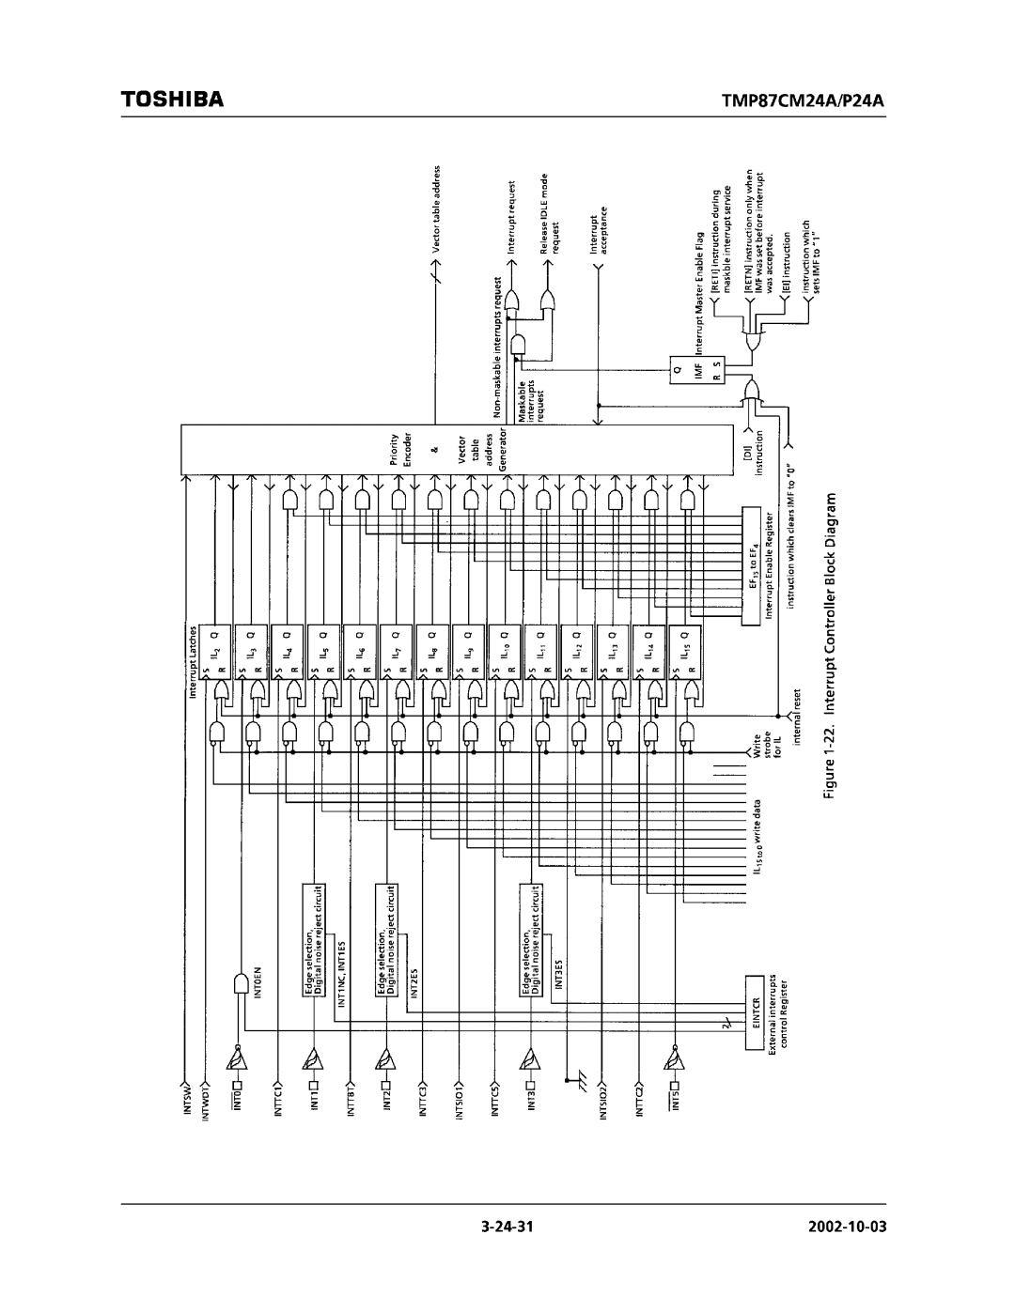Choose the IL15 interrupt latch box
(x=685, y=651)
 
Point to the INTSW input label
(x=186, y=1097)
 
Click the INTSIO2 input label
(x=603, y=1102)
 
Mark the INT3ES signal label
(x=558, y=973)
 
